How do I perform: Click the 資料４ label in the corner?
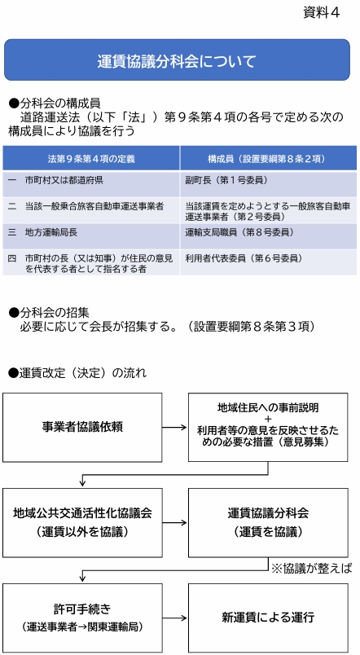point(321,13)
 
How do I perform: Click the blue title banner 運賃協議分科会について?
point(177,59)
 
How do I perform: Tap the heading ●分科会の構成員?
point(55,103)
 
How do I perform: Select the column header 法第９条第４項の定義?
point(91,159)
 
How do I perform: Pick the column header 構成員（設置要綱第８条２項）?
point(268,159)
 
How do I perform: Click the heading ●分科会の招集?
point(49,312)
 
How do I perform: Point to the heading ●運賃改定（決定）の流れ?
point(77,372)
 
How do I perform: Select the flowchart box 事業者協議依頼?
point(82,428)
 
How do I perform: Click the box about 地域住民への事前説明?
point(268,427)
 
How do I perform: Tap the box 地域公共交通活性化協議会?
point(82,522)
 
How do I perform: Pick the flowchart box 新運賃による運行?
point(268,618)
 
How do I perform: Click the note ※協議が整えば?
point(312,569)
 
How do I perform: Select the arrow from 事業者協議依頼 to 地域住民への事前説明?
point(175,428)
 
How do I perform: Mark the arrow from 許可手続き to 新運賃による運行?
point(175,618)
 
